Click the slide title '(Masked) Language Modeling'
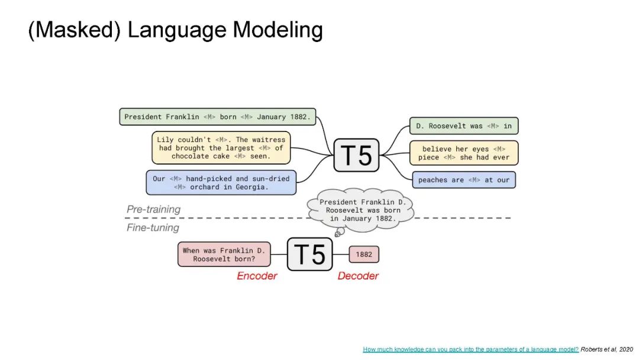tap(175, 30)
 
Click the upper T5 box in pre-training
tap(357, 155)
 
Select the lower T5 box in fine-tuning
tap(310, 254)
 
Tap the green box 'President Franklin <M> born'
tap(218, 117)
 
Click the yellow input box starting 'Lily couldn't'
tap(221, 148)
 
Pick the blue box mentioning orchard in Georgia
tap(221, 182)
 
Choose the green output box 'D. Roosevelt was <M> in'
tap(463, 126)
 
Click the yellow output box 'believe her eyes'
tap(463, 153)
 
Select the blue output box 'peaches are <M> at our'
tap(463, 180)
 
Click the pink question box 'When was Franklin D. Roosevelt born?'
tap(223, 255)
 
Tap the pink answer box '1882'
tap(364, 255)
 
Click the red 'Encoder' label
tap(257, 276)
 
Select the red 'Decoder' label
tap(358, 276)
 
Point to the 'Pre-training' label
tap(153, 210)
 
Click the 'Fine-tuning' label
tap(153, 227)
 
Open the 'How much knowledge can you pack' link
tap(470, 349)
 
